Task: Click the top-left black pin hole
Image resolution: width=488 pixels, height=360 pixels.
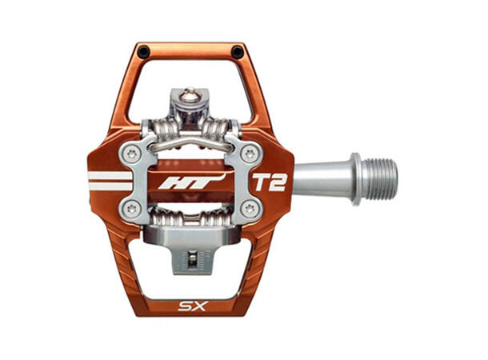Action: [143, 52]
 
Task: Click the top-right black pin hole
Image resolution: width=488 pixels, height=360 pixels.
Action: [238, 52]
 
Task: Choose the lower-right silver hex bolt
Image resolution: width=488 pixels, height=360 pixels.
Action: [250, 209]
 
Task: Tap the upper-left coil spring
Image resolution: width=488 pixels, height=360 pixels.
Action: [160, 129]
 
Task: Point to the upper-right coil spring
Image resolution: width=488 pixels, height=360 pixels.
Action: [220, 129]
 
